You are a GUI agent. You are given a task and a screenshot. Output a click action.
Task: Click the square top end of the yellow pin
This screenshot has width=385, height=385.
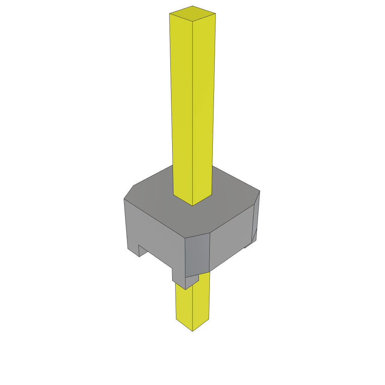coord(192,13)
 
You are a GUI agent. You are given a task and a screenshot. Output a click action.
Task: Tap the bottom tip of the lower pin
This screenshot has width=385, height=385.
coord(192,330)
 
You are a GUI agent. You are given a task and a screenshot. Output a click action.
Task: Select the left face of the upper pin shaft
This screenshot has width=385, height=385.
coord(182,105)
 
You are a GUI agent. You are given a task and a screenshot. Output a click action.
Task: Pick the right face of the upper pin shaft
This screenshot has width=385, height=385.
coord(203,105)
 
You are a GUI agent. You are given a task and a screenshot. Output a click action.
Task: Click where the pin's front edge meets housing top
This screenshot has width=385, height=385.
coord(192,206)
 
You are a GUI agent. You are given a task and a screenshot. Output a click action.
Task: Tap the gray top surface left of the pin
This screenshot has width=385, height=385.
coord(154,196)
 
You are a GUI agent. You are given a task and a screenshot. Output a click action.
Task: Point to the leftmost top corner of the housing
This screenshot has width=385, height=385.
coord(124,199)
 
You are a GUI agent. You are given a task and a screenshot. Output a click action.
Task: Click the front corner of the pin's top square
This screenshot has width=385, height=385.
coord(192,21)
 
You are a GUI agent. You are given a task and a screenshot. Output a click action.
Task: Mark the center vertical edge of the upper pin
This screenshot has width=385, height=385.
coord(192,113)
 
